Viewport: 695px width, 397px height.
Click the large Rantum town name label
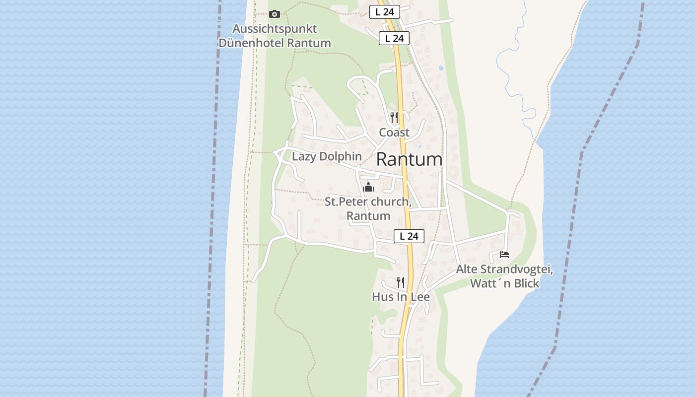click(x=409, y=159)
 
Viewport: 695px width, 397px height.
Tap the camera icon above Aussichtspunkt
click(x=274, y=14)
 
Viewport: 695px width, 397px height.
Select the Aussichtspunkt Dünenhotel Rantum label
click(x=275, y=36)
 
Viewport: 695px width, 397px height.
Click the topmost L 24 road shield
click(x=385, y=12)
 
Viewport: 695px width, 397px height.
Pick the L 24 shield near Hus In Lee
click(x=409, y=236)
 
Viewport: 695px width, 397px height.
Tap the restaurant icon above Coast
click(x=394, y=117)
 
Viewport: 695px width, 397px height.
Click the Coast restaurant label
click(x=394, y=132)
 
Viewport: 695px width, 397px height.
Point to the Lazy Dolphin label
click(x=327, y=156)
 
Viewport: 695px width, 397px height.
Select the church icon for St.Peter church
click(x=368, y=187)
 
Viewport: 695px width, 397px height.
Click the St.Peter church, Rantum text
click(x=368, y=209)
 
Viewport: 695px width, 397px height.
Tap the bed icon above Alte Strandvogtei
click(x=504, y=255)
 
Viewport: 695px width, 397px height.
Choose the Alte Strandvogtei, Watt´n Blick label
click(x=504, y=277)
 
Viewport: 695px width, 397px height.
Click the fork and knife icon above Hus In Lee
click(x=401, y=282)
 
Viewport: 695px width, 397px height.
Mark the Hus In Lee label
click(x=401, y=297)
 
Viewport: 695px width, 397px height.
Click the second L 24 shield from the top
click(x=394, y=38)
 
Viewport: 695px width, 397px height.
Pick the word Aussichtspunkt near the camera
click(x=275, y=29)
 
